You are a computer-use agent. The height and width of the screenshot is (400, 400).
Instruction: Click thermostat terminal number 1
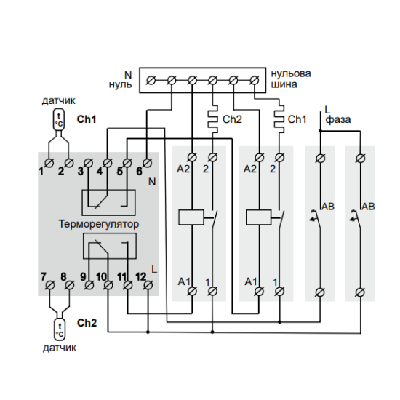pyautogui.click(x=49, y=163)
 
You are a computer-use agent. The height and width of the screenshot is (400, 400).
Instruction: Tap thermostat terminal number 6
pyautogui.click(x=147, y=163)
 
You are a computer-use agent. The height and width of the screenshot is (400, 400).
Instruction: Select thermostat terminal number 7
pyautogui.click(x=49, y=285)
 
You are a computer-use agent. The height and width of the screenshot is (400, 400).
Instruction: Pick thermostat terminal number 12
pyautogui.click(x=148, y=285)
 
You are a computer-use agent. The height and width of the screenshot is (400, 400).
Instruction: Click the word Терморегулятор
pyautogui.click(x=99, y=225)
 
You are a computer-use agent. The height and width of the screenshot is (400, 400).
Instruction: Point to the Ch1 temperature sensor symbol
pyautogui.click(x=59, y=120)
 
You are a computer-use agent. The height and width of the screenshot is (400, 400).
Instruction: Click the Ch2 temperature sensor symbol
pyautogui.click(x=60, y=329)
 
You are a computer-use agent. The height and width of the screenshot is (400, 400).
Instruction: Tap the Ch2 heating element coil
pyautogui.click(x=213, y=119)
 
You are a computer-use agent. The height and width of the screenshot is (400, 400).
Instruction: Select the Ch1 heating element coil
pyautogui.click(x=279, y=119)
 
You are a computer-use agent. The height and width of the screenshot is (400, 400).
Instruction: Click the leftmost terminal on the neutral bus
pyautogui.click(x=151, y=81)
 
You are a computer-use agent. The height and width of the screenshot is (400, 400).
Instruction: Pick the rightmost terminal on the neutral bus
pyautogui.click(x=254, y=81)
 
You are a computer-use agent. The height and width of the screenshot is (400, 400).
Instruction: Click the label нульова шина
pyautogui.click(x=291, y=79)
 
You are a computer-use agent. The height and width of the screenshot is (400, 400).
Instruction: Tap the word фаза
pyautogui.click(x=338, y=120)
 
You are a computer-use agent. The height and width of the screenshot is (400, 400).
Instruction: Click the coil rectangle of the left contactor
pyautogui.click(x=191, y=217)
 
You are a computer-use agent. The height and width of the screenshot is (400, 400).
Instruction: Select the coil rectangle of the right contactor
pyautogui.click(x=259, y=217)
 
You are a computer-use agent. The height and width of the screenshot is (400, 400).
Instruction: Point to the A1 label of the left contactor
pyautogui.click(x=184, y=281)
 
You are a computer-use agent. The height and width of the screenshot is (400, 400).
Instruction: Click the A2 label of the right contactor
pyautogui.click(x=250, y=169)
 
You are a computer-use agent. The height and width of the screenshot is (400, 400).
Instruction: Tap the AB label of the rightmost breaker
pyautogui.click(x=369, y=207)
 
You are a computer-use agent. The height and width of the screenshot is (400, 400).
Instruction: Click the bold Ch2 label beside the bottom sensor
pyautogui.click(x=87, y=323)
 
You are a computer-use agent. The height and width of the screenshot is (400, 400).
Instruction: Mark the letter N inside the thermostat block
pyautogui.click(x=152, y=182)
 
